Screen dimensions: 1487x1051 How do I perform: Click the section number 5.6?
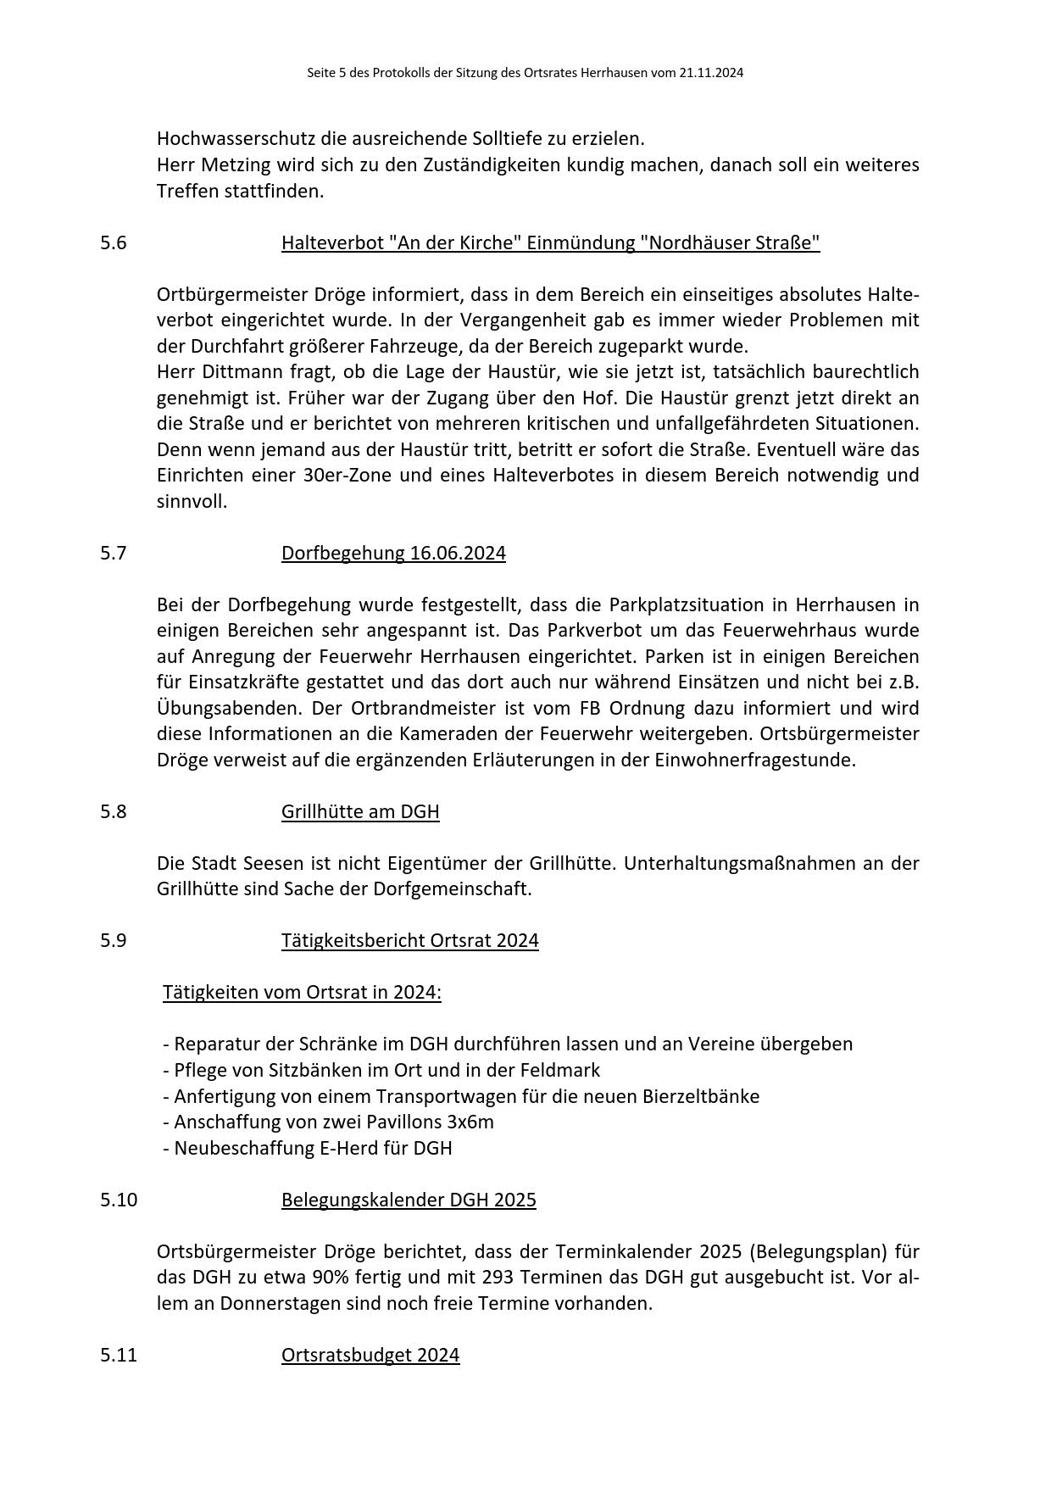tap(113, 242)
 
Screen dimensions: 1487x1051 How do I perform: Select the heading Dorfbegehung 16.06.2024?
tap(393, 553)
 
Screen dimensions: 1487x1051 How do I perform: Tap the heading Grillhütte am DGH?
tap(360, 811)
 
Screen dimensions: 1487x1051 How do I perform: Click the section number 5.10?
tap(118, 1200)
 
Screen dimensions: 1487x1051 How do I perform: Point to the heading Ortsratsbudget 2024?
tap(370, 1355)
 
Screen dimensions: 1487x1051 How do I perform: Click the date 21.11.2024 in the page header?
tap(711, 73)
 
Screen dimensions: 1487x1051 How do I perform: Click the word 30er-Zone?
tap(347, 475)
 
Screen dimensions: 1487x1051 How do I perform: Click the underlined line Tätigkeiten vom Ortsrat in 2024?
tap(302, 992)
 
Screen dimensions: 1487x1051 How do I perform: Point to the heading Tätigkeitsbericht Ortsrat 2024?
tap(409, 940)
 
